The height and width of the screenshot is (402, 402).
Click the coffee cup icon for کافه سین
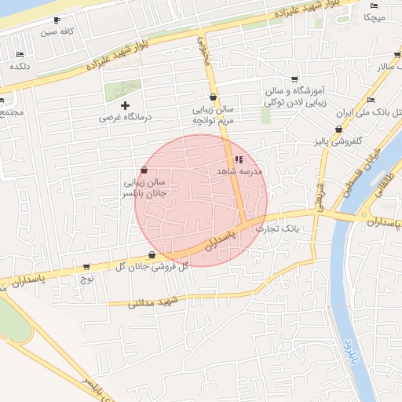click(57, 20)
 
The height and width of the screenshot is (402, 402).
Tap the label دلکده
click(20, 67)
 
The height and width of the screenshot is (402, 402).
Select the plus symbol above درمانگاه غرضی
click(124, 105)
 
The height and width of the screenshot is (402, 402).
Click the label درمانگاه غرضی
click(124, 117)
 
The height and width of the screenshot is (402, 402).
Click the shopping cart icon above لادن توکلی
click(294, 79)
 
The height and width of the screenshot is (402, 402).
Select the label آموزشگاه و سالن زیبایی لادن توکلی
click(296, 97)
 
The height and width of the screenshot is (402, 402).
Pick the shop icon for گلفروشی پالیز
click(339, 130)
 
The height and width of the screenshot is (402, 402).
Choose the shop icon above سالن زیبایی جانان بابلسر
click(143, 170)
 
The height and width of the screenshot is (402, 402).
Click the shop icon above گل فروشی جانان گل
click(151, 254)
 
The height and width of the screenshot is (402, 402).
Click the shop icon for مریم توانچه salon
click(214, 97)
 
